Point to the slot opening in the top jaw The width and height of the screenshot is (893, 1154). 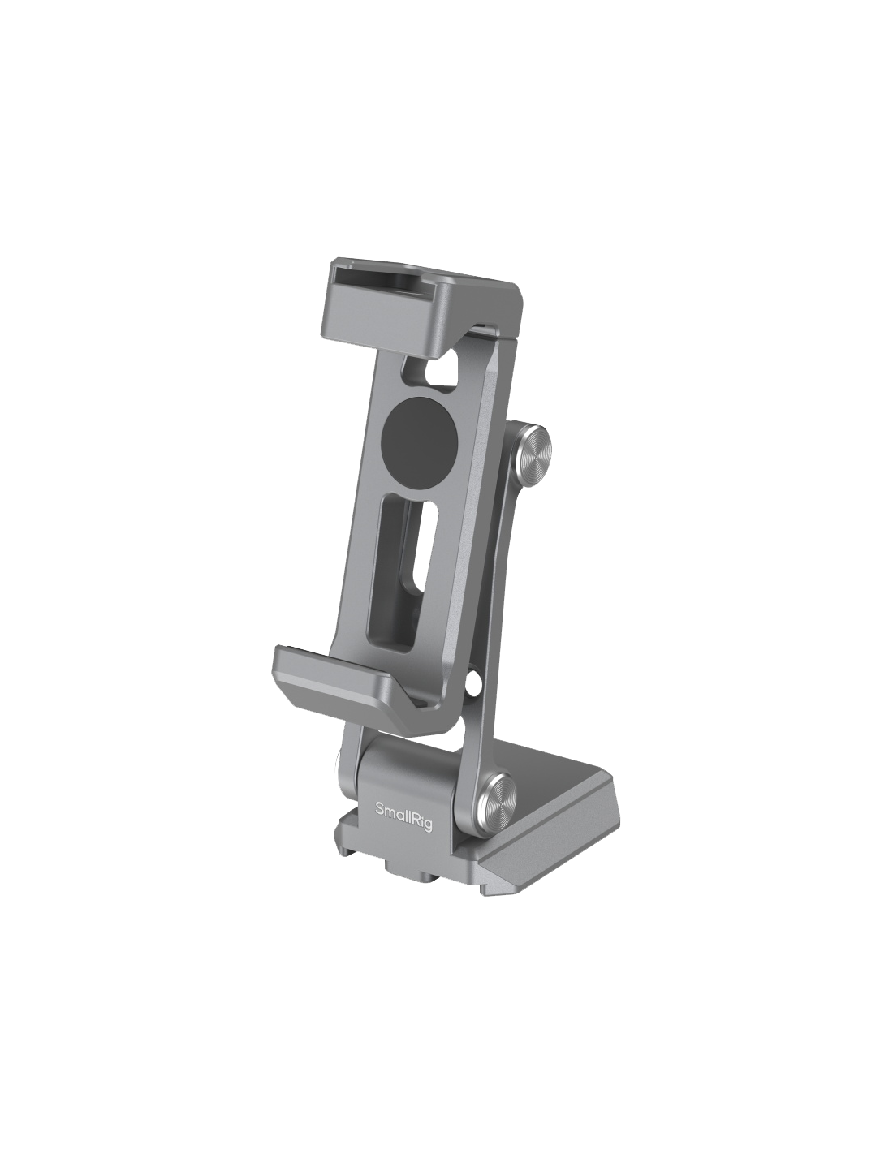(383, 282)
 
